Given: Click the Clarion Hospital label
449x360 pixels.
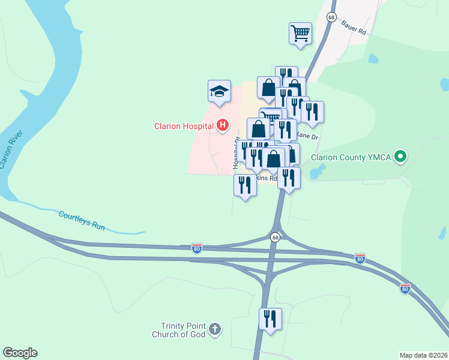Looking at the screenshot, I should [x=184, y=126].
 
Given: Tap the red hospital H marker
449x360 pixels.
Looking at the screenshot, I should [x=223, y=125].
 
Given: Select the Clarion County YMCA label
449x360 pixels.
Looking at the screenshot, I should [x=350, y=158].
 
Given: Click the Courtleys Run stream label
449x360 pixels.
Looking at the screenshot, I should [x=82, y=219].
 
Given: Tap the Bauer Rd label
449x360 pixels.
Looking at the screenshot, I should [x=353, y=28].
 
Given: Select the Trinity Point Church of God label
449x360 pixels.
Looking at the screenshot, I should [x=179, y=329].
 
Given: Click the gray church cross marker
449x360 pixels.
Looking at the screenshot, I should [x=215, y=329].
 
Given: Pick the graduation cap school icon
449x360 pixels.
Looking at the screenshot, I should [x=219, y=92].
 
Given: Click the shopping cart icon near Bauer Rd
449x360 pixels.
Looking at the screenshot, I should [x=300, y=34].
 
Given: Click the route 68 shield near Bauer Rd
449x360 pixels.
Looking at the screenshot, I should [x=331, y=17].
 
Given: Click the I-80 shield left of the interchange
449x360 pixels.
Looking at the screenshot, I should [x=197, y=247].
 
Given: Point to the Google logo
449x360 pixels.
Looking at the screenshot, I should [x=20, y=353].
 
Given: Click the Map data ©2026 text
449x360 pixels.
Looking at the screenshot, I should [x=424, y=355].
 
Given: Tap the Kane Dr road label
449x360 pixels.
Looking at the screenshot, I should [x=310, y=137].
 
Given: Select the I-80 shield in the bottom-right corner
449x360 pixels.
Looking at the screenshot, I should [x=405, y=289].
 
